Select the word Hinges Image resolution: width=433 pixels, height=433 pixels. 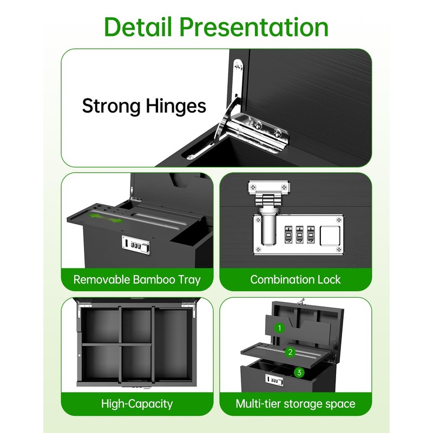click(176, 106)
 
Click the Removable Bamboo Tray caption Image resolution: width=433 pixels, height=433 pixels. click(137, 280)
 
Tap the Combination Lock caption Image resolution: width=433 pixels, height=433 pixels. click(296, 280)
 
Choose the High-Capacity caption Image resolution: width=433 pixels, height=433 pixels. click(137, 404)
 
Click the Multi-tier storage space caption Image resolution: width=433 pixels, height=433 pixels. click(296, 404)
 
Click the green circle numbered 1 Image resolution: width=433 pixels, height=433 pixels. click(279, 328)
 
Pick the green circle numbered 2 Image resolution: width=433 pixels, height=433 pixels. click(290, 352)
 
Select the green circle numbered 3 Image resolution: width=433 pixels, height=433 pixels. click(298, 372)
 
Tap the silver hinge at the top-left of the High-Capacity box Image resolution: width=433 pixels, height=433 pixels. click(84, 310)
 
